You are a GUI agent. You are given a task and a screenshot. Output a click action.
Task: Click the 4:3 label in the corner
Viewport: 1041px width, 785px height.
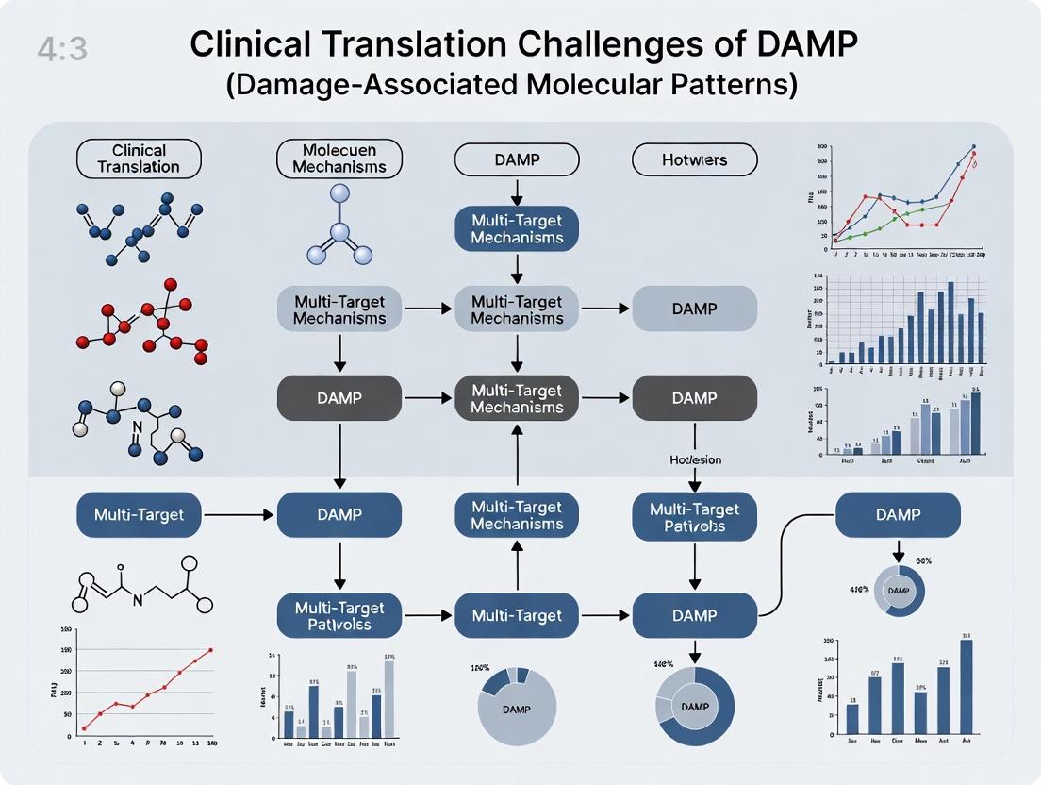click(x=63, y=49)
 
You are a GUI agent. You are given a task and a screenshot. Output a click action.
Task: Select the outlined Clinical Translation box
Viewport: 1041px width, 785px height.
click(x=138, y=158)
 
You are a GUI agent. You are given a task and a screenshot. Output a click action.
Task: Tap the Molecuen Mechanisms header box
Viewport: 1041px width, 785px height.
click(x=339, y=158)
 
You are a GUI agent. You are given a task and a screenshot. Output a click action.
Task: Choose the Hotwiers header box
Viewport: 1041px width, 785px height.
click(x=694, y=159)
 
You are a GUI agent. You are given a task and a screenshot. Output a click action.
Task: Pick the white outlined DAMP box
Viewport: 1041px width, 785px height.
click(x=517, y=159)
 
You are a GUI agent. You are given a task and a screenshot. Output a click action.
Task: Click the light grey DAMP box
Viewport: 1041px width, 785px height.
click(x=694, y=309)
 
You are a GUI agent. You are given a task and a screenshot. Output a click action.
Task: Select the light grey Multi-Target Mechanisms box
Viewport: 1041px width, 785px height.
click(x=339, y=309)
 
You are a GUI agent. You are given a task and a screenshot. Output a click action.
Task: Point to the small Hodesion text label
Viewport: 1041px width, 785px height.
click(x=695, y=460)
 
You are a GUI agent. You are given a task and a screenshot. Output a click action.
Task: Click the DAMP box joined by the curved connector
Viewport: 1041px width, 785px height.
click(x=898, y=515)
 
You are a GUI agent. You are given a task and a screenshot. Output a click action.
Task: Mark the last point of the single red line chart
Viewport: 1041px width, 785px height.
click(x=211, y=650)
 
